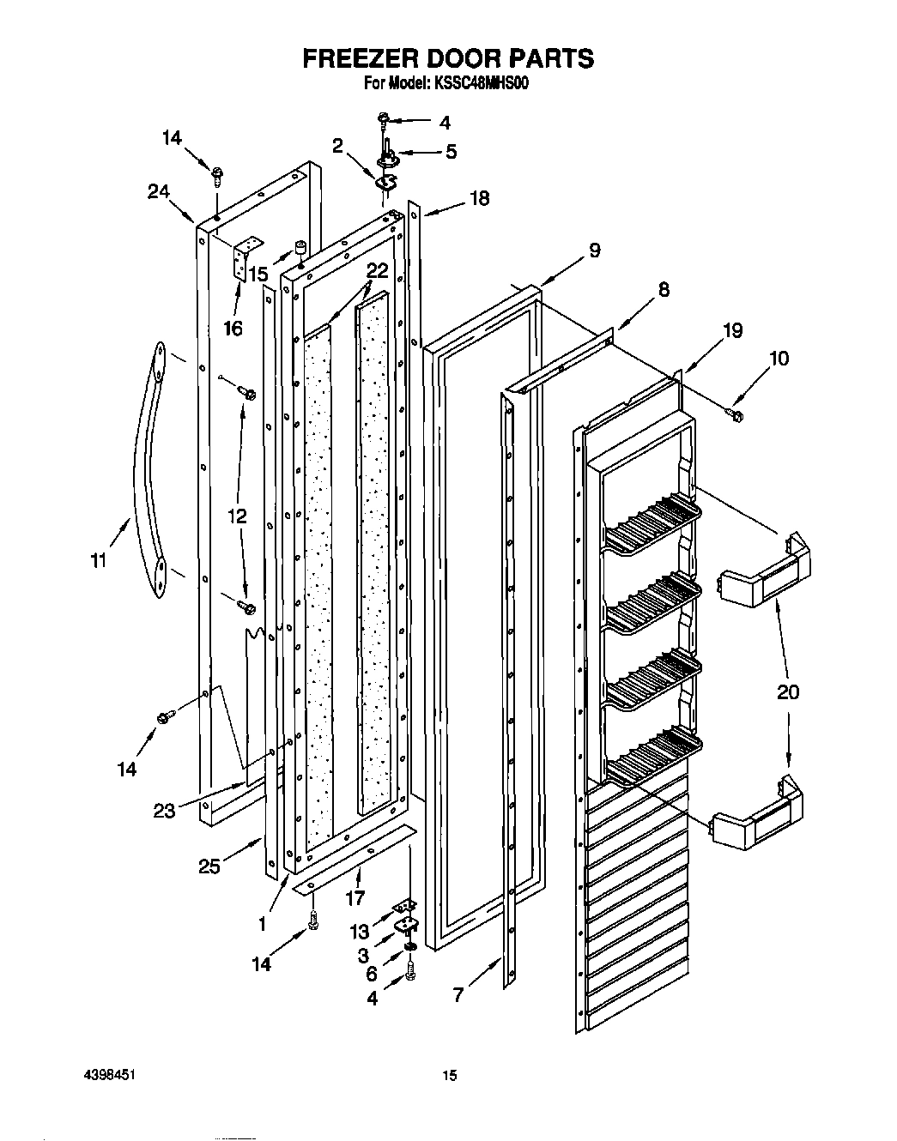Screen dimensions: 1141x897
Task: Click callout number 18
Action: point(478,198)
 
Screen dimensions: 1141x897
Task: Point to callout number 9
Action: point(593,251)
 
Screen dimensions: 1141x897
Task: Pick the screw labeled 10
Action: point(736,415)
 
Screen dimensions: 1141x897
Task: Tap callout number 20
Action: point(787,691)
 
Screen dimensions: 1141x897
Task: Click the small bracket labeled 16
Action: point(244,257)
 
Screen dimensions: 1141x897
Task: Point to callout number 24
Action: point(158,192)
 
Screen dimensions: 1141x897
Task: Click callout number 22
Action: point(377,270)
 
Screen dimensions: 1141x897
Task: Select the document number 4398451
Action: point(112,1074)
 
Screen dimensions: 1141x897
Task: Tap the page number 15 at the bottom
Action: point(447,1074)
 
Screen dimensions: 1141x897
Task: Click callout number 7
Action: point(458,995)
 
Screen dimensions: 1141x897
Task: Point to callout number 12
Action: point(236,516)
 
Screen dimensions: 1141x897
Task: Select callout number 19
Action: point(732,330)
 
